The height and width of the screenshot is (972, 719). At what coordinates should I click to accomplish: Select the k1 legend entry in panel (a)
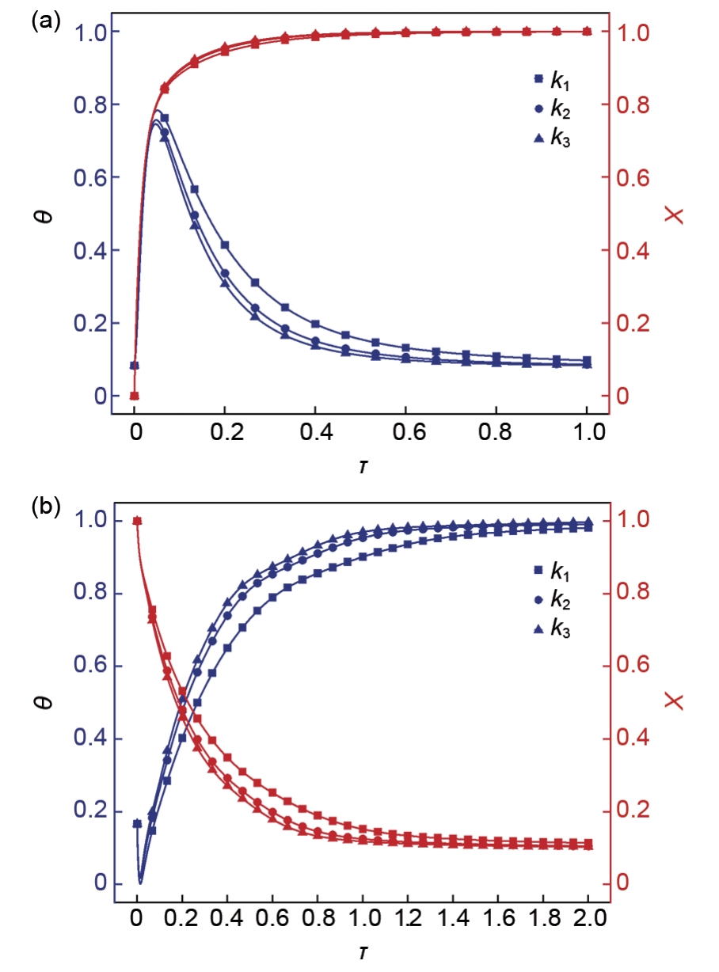(551, 80)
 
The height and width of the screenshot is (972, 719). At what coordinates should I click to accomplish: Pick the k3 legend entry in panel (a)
(551, 139)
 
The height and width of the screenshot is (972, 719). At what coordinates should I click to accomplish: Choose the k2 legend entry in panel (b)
(551, 600)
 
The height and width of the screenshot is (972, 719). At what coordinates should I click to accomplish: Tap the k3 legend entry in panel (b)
(551, 629)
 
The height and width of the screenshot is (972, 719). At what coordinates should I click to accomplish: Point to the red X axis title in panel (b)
(675, 701)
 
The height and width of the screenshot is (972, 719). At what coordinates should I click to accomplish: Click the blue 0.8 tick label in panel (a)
(93, 104)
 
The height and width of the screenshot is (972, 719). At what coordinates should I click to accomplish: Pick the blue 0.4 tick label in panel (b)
(93, 739)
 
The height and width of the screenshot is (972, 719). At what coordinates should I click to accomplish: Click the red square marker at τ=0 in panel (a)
(135, 396)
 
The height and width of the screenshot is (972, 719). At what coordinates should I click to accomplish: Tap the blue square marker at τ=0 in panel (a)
(135, 366)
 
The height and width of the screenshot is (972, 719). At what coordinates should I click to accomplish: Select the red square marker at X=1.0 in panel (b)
(137, 521)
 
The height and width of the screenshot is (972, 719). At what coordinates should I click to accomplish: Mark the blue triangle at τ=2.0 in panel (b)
(588, 522)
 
